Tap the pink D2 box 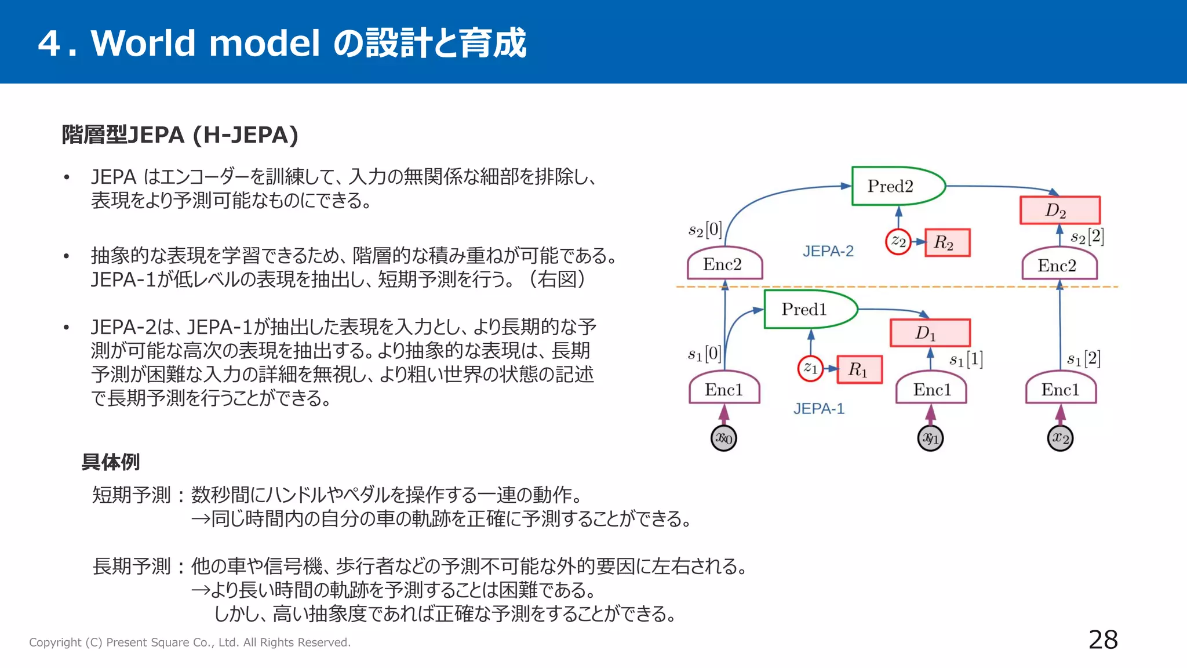(1059, 210)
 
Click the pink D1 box (930, 333)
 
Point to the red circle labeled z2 (898, 241)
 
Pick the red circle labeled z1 (810, 368)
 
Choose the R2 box (946, 242)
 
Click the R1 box (860, 369)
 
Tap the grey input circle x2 (1060, 438)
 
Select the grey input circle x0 (723, 438)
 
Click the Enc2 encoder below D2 (1059, 266)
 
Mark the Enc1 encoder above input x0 (724, 390)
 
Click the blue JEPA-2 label (828, 251)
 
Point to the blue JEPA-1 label (818, 409)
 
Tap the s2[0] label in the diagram (705, 230)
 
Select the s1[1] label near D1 (966, 360)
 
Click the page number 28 (1102, 640)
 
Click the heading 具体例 (110, 462)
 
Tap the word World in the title (143, 43)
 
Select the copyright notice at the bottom (190, 642)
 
